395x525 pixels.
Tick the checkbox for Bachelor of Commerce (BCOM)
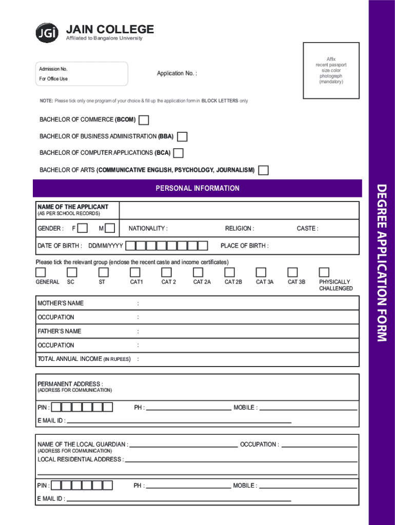tap(144, 120)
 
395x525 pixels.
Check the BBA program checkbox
tap(182, 137)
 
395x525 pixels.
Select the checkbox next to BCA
tap(179, 153)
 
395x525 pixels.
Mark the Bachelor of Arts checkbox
tap(263, 170)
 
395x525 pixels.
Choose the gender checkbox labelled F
tap(82, 228)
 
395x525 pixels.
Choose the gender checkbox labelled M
tap(109, 228)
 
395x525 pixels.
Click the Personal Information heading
tap(197, 188)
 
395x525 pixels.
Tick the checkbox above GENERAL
tap(41, 272)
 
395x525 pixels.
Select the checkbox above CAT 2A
tap(198, 272)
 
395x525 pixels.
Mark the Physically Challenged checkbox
tap(324, 272)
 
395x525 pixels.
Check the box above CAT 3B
tap(292, 272)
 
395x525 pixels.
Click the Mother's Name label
tap(61, 303)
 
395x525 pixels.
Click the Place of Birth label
tap(244, 246)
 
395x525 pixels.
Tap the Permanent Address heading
tap(70, 384)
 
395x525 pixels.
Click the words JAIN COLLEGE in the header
tap(110, 29)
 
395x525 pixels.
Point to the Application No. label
tap(176, 74)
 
